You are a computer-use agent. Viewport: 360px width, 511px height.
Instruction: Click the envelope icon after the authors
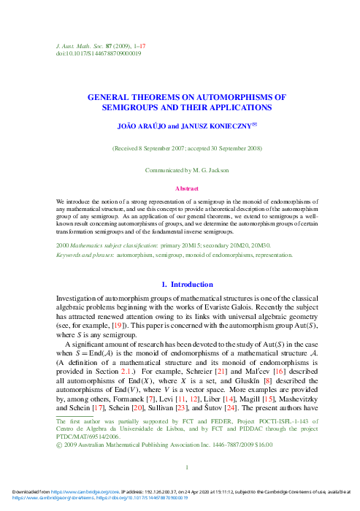(x=255, y=125)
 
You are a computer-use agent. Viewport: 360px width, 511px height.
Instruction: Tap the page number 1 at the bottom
(x=188, y=469)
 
